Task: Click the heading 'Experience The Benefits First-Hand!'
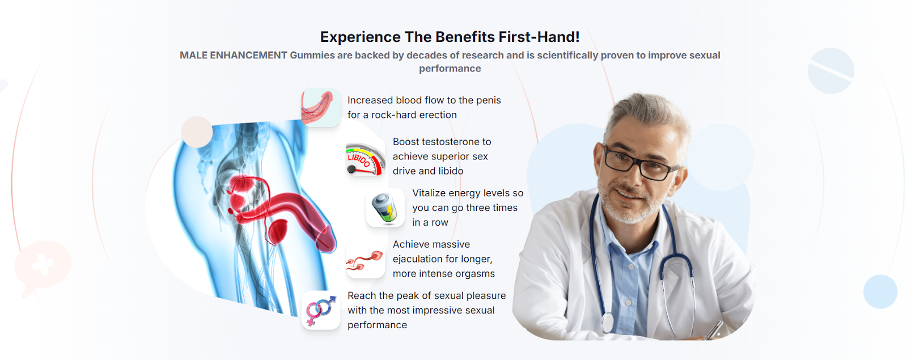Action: pyautogui.click(x=450, y=37)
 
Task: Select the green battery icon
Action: pyautogui.click(x=385, y=208)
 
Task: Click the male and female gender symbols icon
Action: pyautogui.click(x=321, y=311)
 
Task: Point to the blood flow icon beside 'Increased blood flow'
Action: pyautogui.click(x=321, y=107)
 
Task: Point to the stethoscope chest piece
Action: pyautogui.click(x=607, y=323)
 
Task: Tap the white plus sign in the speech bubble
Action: pyautogui.click(x=43, y=264)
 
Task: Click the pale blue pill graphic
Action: pyautogui.click(x=831, y=71)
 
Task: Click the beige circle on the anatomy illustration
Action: pyautogui.click(x=197, y=132)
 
